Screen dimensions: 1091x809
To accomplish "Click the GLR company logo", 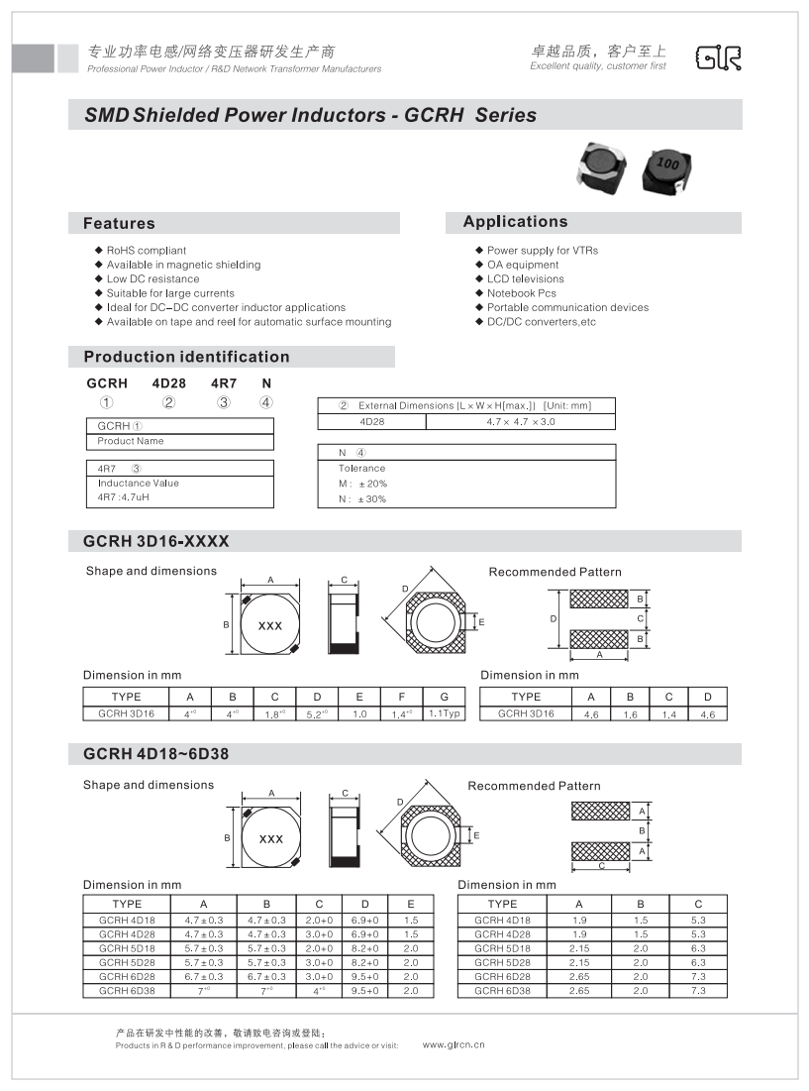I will pyautogui.click(x=718, y=58).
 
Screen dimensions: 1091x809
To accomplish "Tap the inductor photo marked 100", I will pyautogui.click(x=667, y=169).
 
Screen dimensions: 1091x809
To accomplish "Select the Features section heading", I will pyautogui.click(x=119, y=224).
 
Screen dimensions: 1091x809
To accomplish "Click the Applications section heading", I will pyautogui.click(x=515, y=222).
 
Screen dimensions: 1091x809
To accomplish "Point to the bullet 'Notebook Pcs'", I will pyautogui.click(x=521, y=293).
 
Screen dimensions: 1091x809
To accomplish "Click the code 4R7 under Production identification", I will pyautogui.click(x=224, y=382).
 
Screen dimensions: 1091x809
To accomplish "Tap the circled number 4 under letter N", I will pyautogui.click(x=265, y=402).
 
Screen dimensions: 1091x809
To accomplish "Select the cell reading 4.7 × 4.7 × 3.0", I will pyautogui.click(x=520, y=421).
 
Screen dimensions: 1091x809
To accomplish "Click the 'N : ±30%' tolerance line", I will pyautogui.click(x=362, y=498).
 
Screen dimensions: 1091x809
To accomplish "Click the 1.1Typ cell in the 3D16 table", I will pyautogui.click(x=445, y=713).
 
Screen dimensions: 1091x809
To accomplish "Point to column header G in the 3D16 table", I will pyautogui.click(x=445, y=697).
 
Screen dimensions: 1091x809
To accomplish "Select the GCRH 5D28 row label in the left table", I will pyautogui.click(x=127, y=962).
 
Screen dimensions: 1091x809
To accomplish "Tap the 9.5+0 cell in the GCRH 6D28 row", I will pyautogui.click(x=365, y=976).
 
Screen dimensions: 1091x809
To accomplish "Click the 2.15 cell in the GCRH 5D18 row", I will pyautogui.click(x=579, y=948).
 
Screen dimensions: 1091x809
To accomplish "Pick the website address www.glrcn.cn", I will pyautogui.click(x=454, y=1044).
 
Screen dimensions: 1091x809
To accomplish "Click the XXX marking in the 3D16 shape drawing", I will pyautogui.click(x=269, y=626).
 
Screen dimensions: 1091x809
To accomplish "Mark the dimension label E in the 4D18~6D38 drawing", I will pyautogui.click(x=477, y=836).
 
